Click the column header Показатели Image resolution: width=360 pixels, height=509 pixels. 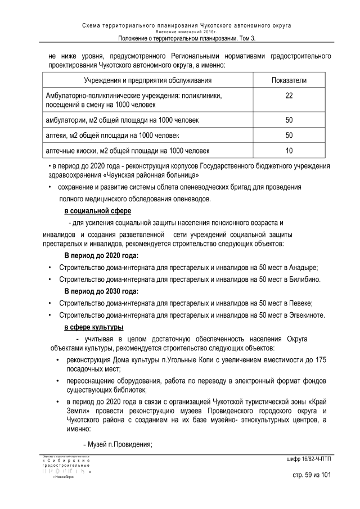click(289, 80)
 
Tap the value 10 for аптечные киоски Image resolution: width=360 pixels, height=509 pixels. click(289, 151)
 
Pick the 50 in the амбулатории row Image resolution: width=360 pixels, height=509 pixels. click(289, 120)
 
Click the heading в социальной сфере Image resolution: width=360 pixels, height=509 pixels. click(97, 211)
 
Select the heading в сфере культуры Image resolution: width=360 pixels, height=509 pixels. click(93, 327)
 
